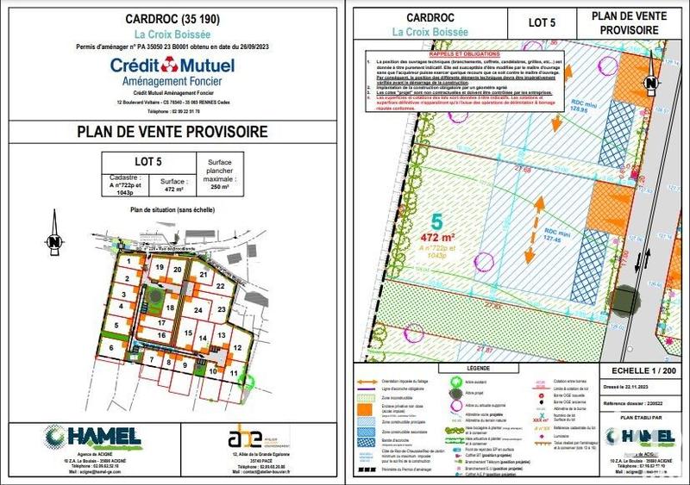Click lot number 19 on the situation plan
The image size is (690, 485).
tap(158, 268)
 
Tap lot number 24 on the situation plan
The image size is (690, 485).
tap(198, 310)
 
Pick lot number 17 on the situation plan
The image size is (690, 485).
tap(162, 322)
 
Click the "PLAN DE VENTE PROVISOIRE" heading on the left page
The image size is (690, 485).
tap(172, 132)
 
